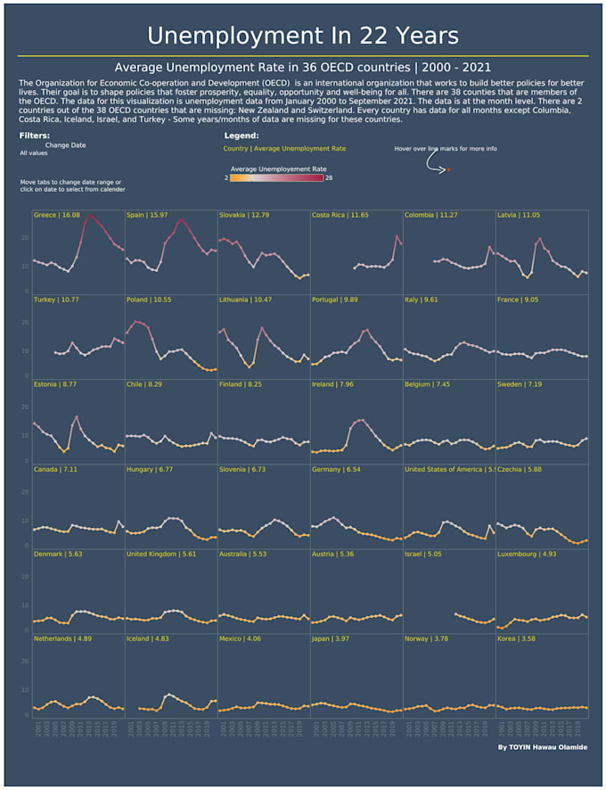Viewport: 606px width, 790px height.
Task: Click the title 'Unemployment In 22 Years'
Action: click(x=303, y=36)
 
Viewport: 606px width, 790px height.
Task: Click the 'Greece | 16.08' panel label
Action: click(x=56, y=215)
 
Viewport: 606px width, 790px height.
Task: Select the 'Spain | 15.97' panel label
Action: click(x=147, y=215)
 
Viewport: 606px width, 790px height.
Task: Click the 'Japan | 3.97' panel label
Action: click(x=330, y=638)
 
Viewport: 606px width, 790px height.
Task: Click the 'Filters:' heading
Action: click(x=35, y=136)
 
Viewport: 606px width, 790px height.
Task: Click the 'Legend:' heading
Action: click(x=241, y=136)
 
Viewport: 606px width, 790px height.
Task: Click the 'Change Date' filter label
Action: click(x=66, y=144)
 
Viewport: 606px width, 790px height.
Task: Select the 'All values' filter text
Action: click(x=34, y=153)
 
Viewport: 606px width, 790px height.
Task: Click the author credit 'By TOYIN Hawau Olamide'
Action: click(x=543, y=747)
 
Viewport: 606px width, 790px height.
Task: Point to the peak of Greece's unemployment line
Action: click(x=86, y=216)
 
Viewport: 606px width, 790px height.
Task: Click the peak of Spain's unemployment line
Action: click(x=182, y=219)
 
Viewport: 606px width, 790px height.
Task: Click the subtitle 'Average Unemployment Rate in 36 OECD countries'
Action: click(x=303, y=67)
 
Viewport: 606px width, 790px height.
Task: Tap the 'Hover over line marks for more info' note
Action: click(x=446, y=148)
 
